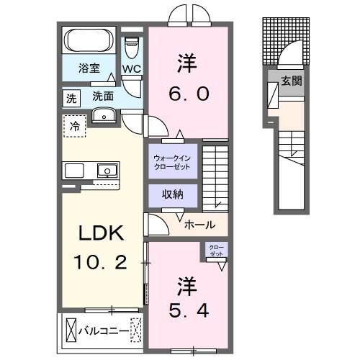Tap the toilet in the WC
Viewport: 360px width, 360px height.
(130, 48)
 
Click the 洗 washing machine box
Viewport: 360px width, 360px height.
(71, 98)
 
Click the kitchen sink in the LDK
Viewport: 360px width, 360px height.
(106, 171)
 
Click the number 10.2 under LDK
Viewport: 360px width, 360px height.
(102, 262)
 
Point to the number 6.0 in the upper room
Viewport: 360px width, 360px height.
(189, 92)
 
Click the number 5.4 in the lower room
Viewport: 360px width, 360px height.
(189, 312)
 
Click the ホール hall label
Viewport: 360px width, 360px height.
(199, 224)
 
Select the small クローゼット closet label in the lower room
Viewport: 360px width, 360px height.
(215, 251)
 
